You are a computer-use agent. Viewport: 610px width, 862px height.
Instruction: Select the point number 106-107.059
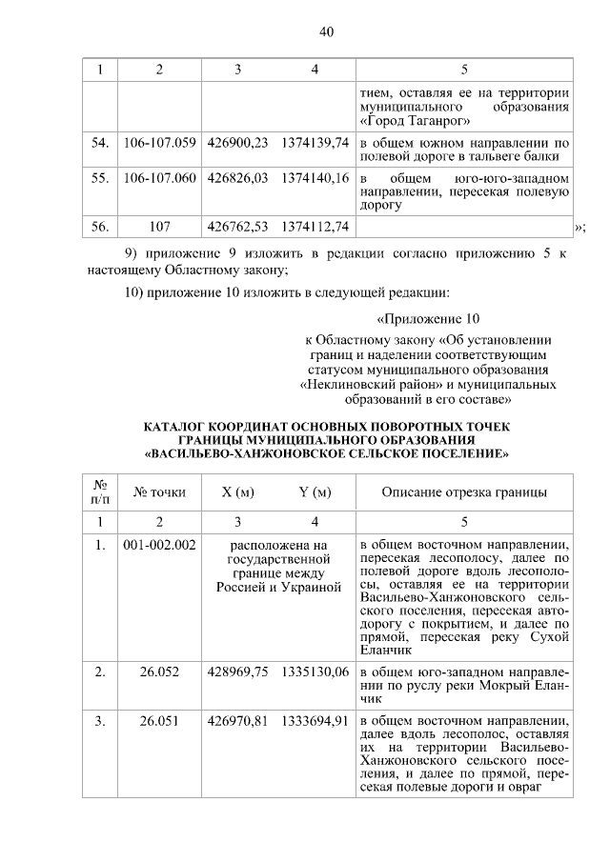tap(159, 143)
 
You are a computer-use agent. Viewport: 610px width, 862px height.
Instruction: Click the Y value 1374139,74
tap(315, 143)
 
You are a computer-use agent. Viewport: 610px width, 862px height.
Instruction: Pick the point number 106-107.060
tap(159, 178)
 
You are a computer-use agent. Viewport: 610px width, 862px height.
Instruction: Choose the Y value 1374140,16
tap(315, 178)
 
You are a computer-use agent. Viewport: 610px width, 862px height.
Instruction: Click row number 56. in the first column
tap(99, 227)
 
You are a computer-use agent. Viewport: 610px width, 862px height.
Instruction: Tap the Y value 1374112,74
tap(315, 227)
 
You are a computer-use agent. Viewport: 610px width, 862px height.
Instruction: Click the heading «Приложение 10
tap(428, 318)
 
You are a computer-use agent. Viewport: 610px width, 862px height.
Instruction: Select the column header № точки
tap(159, 492)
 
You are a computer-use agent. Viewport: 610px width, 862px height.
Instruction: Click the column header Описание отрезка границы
tap(464, 492)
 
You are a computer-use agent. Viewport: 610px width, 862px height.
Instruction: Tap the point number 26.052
tap(159, 672)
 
